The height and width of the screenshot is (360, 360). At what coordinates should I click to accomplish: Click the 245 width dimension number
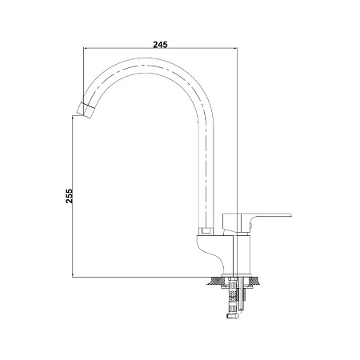160,45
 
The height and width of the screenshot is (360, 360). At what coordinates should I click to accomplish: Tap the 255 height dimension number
69,196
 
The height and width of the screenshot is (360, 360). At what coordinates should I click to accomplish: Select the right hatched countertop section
254,281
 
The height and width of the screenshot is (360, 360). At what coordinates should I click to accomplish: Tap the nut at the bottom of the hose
233,316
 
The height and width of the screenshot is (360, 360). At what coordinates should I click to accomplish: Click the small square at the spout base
207,231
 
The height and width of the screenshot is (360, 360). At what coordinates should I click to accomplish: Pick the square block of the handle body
232,222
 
